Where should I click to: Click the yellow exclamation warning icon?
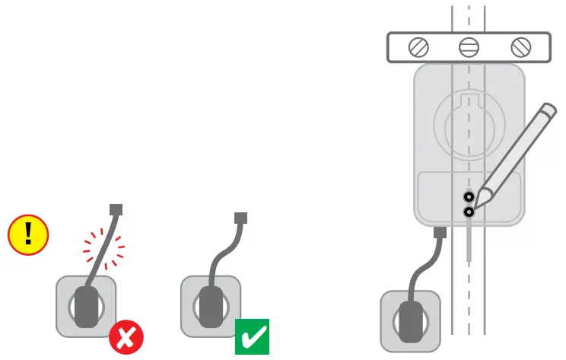click(x=28, y=233)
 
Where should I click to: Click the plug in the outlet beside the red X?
click(x=89, y=306)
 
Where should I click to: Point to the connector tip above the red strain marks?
click(x=116, y=209)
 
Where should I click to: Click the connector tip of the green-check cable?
click(x=240, y=218)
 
